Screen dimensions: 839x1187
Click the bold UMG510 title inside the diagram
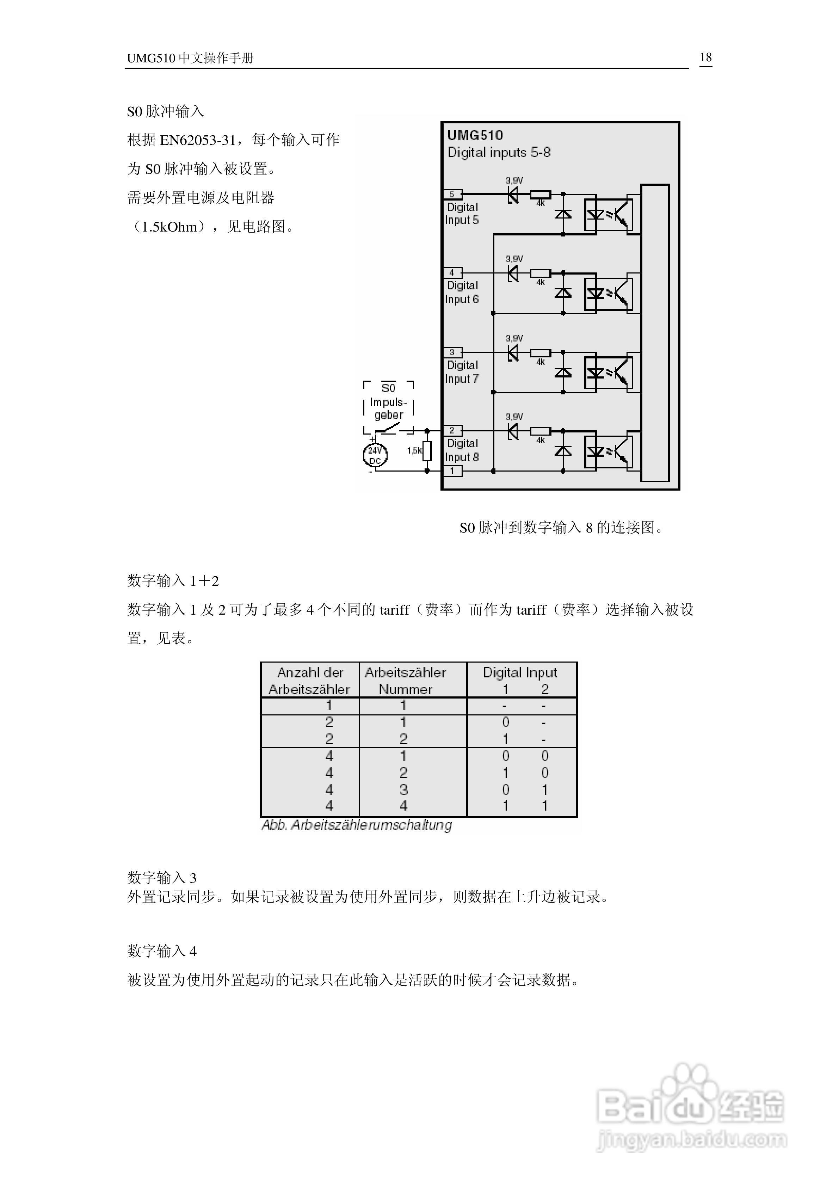(475, 135)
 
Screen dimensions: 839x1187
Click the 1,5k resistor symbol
(427, 450)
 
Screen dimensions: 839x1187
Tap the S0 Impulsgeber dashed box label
(389, 401)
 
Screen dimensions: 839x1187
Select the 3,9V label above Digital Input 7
(514, 338)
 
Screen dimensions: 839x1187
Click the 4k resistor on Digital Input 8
(541, 431)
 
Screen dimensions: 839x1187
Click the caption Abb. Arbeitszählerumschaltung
(357, 825)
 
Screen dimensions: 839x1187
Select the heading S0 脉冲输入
(165, 111)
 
